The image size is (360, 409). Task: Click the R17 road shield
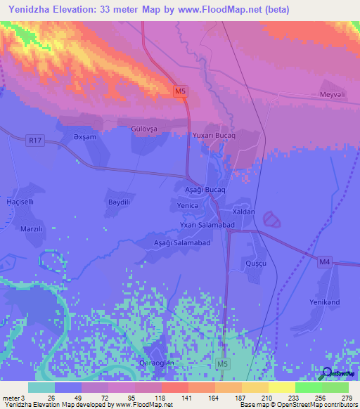(x=37, y=141)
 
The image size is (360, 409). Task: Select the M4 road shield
(x=323, y=262)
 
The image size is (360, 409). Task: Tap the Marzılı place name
(x=32, y=228)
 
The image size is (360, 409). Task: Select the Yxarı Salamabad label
(x=206, y=224)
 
